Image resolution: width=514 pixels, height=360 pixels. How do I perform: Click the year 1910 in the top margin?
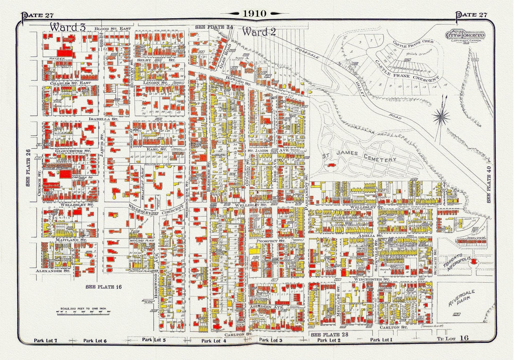255,13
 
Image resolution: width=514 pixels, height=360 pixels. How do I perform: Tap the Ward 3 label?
64,27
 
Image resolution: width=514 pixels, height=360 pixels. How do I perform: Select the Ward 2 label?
259,32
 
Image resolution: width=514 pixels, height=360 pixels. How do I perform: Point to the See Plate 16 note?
104,287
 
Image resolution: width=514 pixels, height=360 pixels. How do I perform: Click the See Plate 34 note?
214,27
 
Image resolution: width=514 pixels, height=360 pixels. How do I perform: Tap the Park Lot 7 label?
45,340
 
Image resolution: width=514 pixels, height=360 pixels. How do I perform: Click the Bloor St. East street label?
113,29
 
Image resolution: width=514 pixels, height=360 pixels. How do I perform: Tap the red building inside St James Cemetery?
330,165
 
